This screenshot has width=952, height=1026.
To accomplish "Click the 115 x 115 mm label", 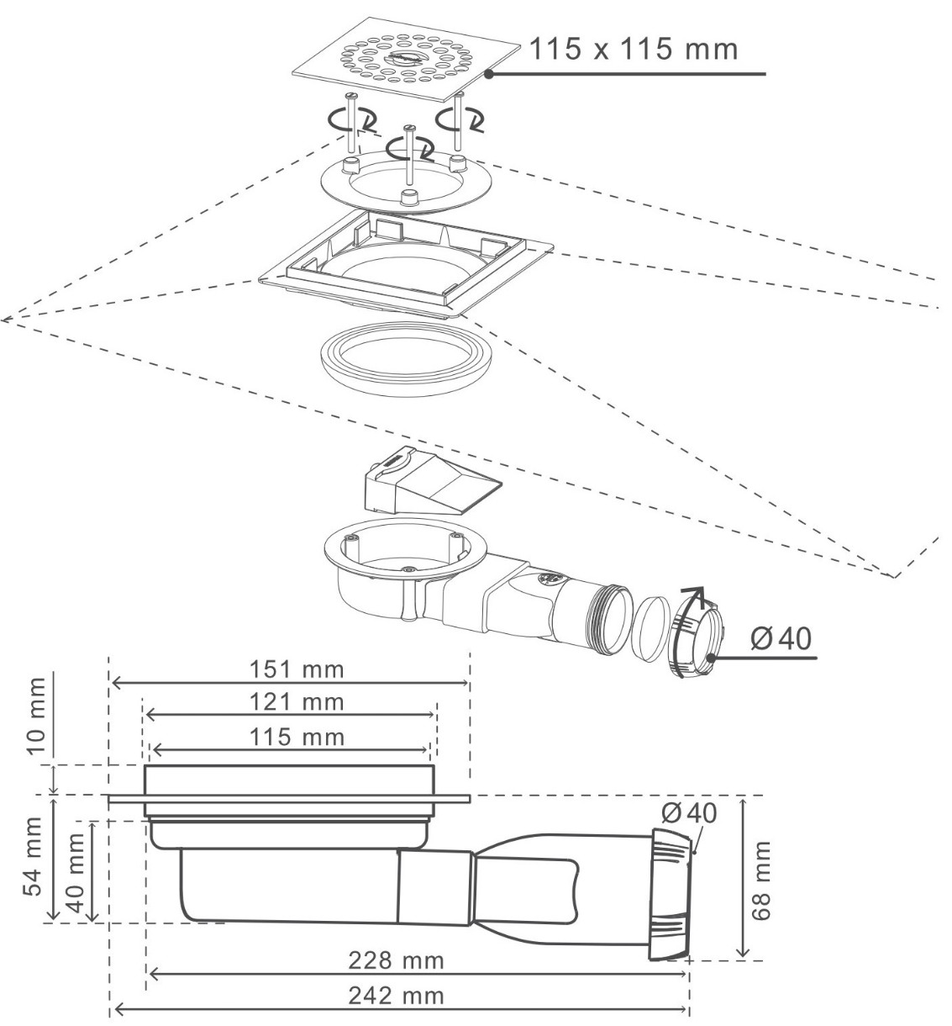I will [633, 48].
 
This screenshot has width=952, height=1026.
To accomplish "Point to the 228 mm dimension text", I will [397, 960].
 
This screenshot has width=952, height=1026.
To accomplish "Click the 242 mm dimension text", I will [397, 996].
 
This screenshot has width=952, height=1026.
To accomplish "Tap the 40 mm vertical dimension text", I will [76, 876].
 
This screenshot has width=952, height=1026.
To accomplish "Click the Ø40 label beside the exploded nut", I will [782, 639].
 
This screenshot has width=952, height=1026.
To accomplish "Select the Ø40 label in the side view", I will [689, 813].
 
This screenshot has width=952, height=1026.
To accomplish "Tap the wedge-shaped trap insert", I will [426, 486].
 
